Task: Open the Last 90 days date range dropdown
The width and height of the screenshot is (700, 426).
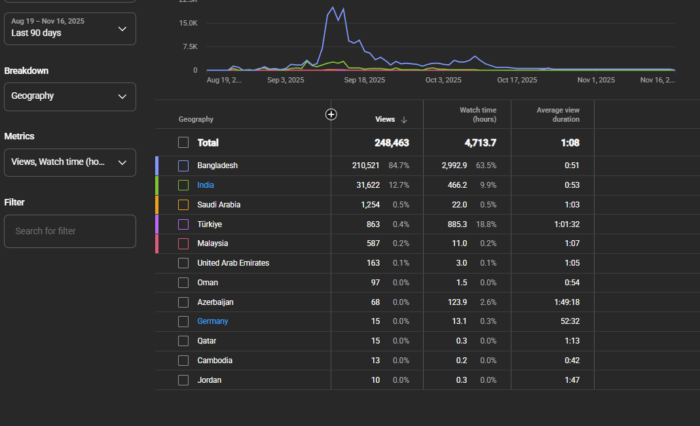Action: [x=69, y=29]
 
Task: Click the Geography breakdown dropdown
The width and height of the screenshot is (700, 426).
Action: [x=69, y=96]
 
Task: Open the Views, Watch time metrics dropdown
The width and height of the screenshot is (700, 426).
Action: [x=69, y=162]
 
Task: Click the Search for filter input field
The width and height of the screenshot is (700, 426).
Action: [x=69, y=231]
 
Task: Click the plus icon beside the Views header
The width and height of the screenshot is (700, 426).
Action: [x=331, y=115]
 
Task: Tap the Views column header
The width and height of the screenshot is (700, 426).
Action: [x=385, y=119]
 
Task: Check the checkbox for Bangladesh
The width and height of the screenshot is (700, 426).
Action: [x=183, y=166]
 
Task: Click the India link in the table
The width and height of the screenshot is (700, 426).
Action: [x=206, y=185]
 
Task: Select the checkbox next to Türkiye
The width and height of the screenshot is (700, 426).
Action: [x=183, y=224]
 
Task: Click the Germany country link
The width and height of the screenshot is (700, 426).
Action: [x=213, y=321]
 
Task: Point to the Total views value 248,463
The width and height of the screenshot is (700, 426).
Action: [x=392, y=143]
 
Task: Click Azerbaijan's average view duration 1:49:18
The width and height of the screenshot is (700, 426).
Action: [x=567, y=302]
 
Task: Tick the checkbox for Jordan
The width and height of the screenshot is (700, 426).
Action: [x=183, y=380]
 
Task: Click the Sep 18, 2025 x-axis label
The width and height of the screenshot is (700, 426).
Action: [x=364, y=80]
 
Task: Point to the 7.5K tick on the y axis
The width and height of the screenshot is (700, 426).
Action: [x=190, y=46]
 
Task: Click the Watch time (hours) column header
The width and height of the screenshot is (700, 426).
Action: [x=477, y=115]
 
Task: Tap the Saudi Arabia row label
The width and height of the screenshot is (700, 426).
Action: [x=219, y=205]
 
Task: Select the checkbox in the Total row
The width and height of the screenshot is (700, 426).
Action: [x=183, y=142]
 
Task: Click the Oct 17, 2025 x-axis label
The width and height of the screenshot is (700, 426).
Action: [x=517, y=80]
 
